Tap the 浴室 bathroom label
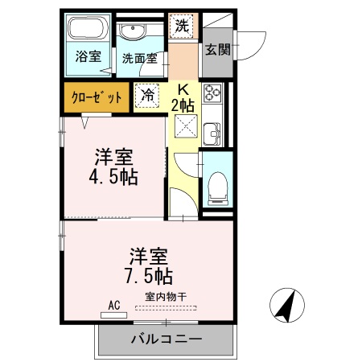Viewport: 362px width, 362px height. (x=88, y=57)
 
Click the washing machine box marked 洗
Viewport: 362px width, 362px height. (x=183, y=26)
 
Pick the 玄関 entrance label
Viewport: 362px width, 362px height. (x=217, y=49)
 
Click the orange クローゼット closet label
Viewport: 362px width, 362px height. (x=97, y=97)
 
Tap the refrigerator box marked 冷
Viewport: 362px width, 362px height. (x=148, y=95)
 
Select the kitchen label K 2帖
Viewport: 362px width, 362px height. (x=183, y=97)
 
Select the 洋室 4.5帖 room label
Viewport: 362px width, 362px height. (x=113, y=167)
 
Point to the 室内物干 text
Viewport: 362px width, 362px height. (x=167, y=297)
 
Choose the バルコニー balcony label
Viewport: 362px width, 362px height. (x=167, y=339)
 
